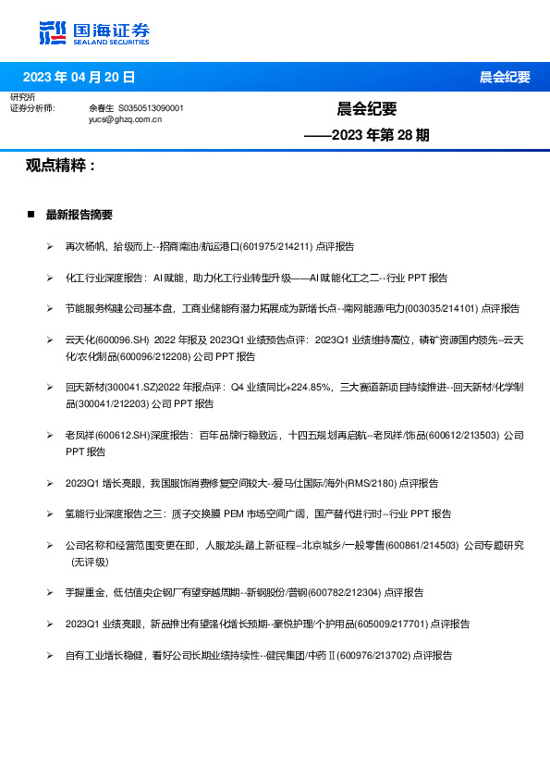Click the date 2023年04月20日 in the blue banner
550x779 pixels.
(x=79, y=77)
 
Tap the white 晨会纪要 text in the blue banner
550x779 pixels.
(x=505, y=77)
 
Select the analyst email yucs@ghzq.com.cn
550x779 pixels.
(x=126, y=119)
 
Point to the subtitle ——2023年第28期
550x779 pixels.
(x=368, y=135)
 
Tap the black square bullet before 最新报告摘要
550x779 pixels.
(x=31, y=215)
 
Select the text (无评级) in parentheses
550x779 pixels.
(x=90, y=561)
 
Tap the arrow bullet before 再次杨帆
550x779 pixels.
(x=50, y=247)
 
